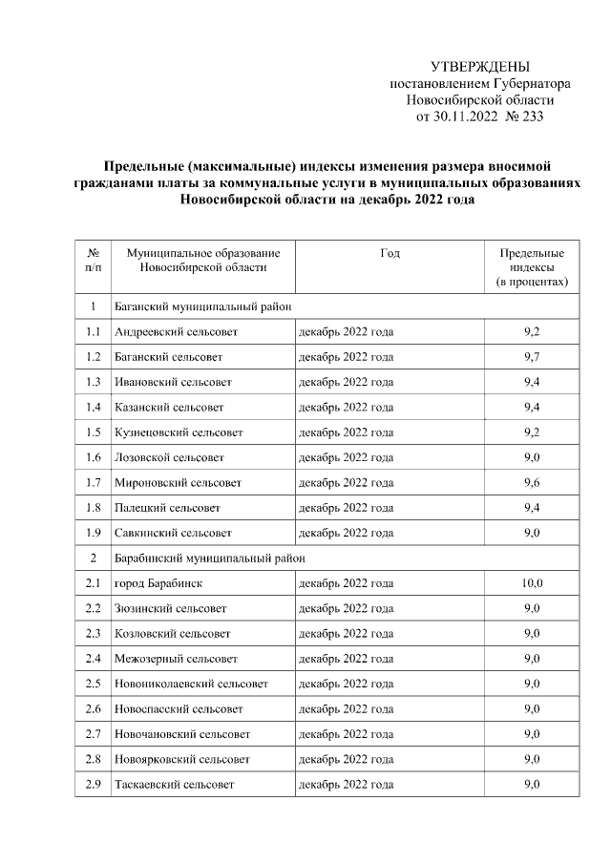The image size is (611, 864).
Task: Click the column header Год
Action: coord(390,253)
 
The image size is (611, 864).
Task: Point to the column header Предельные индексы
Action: coord(532,267)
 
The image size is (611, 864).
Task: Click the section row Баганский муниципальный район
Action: coord(201,306)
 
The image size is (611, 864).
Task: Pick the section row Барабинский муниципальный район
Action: coord(208,557)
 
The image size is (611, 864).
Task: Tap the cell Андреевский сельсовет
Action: coord(175,332)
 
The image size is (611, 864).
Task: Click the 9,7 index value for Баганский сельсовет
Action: coord(532,357)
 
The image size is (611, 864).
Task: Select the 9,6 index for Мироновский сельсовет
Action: coord(532,482)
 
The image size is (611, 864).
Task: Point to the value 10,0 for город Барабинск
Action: coord(532,582)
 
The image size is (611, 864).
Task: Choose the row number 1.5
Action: coord(93,432)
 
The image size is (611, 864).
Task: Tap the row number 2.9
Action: coord(93,784)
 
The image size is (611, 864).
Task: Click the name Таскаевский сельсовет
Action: coord(174,784)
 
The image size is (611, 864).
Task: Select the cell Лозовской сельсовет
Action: coord(169,457)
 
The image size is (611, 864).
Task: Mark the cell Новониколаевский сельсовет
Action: coord(190,684)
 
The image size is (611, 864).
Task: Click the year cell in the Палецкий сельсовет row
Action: coord(346,507)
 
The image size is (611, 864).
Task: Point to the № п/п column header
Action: coord(93,261)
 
